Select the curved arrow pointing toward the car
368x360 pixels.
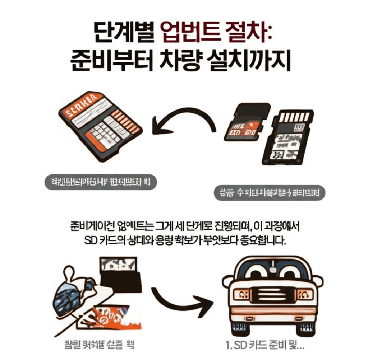point(180,299)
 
